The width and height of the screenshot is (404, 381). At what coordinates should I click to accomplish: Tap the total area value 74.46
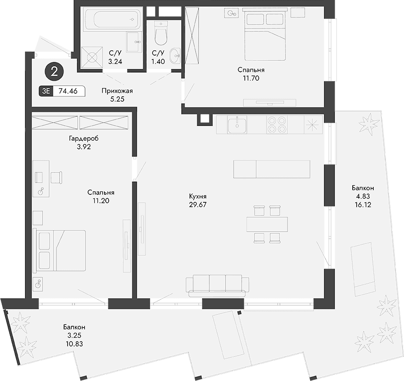point(68,92)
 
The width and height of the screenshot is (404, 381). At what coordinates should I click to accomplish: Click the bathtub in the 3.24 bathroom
point(111,20)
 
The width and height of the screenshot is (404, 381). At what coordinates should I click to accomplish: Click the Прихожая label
point(117,91)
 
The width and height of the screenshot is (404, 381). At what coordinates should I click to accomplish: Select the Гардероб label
point(83,138)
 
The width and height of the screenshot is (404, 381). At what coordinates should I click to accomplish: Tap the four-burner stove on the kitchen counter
point(277,124)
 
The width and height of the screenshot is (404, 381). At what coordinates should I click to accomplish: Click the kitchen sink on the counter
point(237,124)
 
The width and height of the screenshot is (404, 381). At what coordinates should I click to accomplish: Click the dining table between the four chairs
point(267,224)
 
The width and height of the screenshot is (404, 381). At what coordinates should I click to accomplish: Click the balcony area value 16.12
point(363,205)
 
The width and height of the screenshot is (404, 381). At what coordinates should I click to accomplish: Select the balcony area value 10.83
point(74,344)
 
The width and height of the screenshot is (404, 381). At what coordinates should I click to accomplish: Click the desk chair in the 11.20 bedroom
point(57,177)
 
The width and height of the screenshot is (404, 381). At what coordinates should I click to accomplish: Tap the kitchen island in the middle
point(272,169)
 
